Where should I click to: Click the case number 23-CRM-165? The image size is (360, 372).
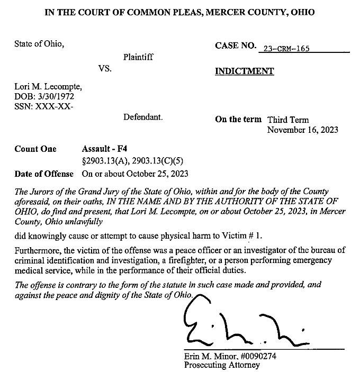pos(286,49)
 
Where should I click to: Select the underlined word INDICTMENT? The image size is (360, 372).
pos(244,71)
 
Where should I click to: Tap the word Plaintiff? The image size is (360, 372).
pos(138,57)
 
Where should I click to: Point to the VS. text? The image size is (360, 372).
pos(105,69)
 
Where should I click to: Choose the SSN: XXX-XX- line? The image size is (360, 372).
pos(44,106)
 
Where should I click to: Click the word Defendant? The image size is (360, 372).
pos(143,117)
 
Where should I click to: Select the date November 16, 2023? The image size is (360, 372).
pos(302,130)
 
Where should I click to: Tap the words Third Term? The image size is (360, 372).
pos(288,120)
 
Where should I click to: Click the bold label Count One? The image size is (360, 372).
pos(35,149)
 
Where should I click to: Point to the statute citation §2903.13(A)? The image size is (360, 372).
pos(103,161)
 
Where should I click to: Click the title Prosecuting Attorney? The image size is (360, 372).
pos(222,365)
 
